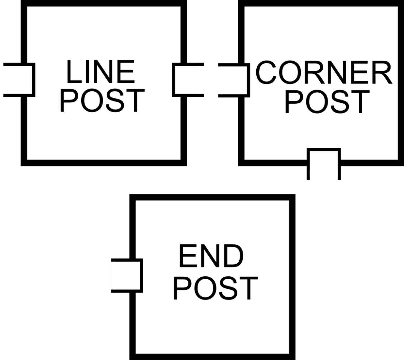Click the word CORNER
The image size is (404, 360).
(x=323, y=73)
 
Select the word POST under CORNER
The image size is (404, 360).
(x=327, y=102)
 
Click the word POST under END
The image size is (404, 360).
(x=216, y=288)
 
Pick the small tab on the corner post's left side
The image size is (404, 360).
(x=232, y=80)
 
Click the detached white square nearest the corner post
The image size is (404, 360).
(x=190, y=80)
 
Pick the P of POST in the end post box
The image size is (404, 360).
(x=181, y=288)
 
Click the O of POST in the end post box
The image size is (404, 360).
(x=202, y=288)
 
